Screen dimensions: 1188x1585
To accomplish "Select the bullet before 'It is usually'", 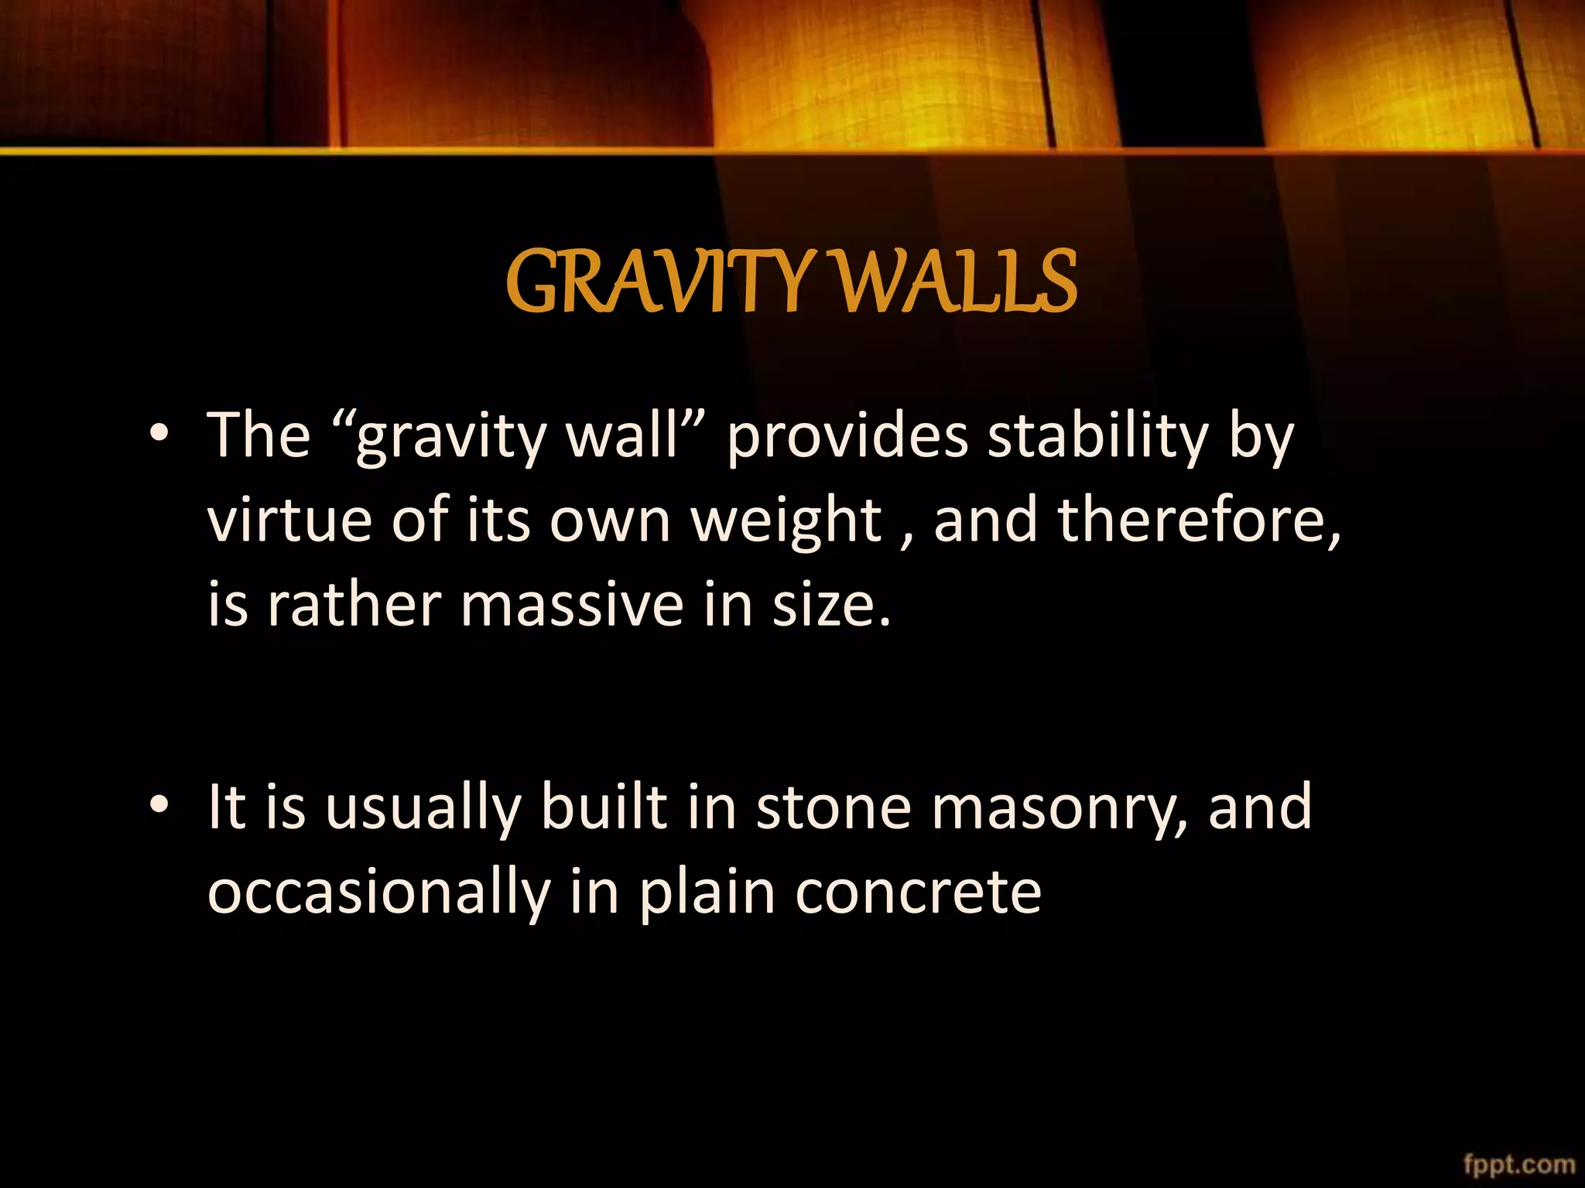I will tap(159, 805).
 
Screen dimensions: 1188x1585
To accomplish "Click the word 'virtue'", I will tap(290, 520).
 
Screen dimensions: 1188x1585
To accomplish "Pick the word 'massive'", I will tap(572, 605).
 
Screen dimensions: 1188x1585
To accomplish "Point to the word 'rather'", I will tap(354, 605).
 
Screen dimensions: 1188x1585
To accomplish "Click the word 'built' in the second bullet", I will tap(604, 807).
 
